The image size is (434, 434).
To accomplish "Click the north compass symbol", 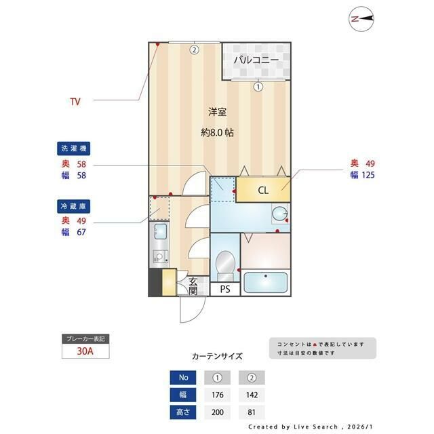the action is click(x=361, y=19).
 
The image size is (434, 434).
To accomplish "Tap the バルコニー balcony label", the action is click(x=256, y=60).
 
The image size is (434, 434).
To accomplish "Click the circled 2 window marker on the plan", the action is click(x=195, y=50).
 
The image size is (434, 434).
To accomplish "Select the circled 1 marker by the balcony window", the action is click(x=258, y=87).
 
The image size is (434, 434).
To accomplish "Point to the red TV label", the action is click(x=75, y=102).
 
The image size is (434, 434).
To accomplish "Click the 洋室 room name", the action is click(x=217, y=112).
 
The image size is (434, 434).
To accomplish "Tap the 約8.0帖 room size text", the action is click(x=217, y=133).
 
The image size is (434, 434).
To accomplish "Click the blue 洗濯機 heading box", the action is click(x=74, y=149).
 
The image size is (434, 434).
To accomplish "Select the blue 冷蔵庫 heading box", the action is click(x=74, y=206).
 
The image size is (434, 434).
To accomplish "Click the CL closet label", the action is click(x=263, y=190).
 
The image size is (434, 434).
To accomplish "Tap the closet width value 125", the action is click(x=368, y=175).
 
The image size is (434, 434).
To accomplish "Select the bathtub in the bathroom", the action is click(x=265, y=282).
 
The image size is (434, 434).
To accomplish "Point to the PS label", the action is click(x=225, y=290).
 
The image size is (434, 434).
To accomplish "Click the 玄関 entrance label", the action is click(x=193, y=286).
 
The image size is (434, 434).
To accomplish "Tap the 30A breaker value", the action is click(x=85, y=351).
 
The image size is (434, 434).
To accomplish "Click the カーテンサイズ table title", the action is click(x=217, y=356).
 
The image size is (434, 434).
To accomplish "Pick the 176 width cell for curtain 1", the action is click(x=218, y=395).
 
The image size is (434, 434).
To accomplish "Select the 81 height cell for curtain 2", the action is click(x=252, y=412).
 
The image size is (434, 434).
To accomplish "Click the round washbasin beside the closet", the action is click(x=280, y=214).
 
